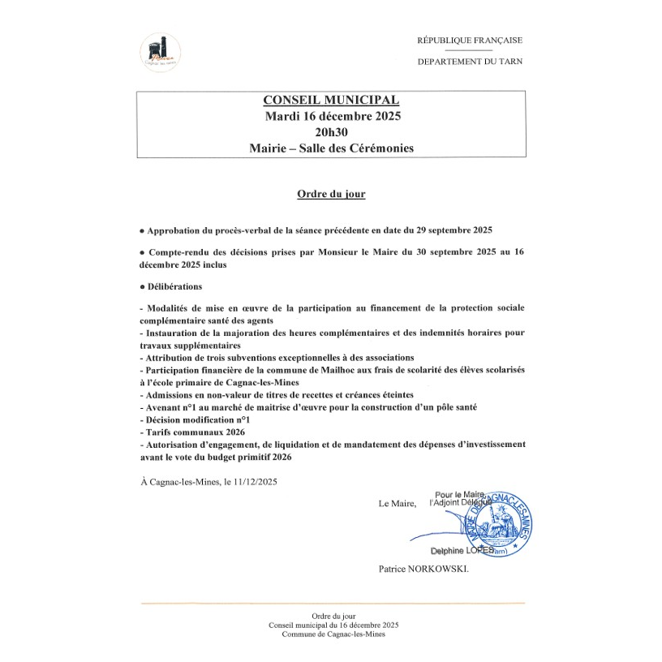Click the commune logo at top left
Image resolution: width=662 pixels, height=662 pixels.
(x=160, y=52)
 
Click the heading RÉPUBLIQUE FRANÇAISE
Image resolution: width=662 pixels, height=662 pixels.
(x=470, y=40)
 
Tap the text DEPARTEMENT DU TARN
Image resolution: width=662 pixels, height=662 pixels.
(x=470, y=62)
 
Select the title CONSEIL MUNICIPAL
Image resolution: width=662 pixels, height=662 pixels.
(x=331, y=101)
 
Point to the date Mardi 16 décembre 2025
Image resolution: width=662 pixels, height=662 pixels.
(x=331, y=116)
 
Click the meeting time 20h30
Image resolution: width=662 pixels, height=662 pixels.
(x=331, y=132)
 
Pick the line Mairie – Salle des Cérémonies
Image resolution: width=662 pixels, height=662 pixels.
(x=331, y=148)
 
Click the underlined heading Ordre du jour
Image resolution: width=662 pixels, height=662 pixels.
(x=330, y=195)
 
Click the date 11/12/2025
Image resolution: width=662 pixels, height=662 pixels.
(x=252, y=482)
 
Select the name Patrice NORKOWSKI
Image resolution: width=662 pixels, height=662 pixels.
(x=423, y=570)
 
